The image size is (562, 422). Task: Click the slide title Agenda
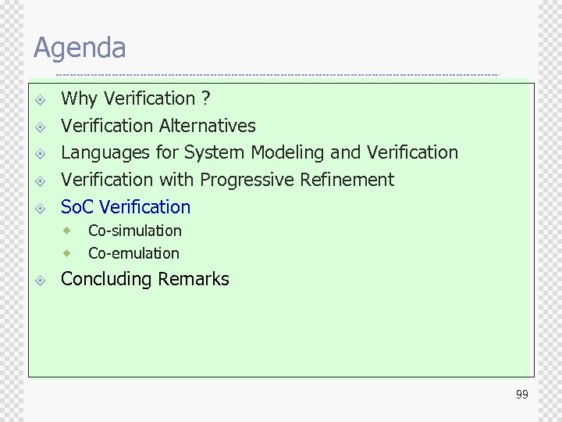click(80, 48)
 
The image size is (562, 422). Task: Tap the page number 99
click(521, 395)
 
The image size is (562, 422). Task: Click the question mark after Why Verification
click(205, 98)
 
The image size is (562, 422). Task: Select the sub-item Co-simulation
click(135, 231)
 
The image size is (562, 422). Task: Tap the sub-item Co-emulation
click(133, 253)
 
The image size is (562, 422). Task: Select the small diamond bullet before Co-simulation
click(69, 231)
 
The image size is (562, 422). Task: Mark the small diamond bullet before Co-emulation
click(69, 253)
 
